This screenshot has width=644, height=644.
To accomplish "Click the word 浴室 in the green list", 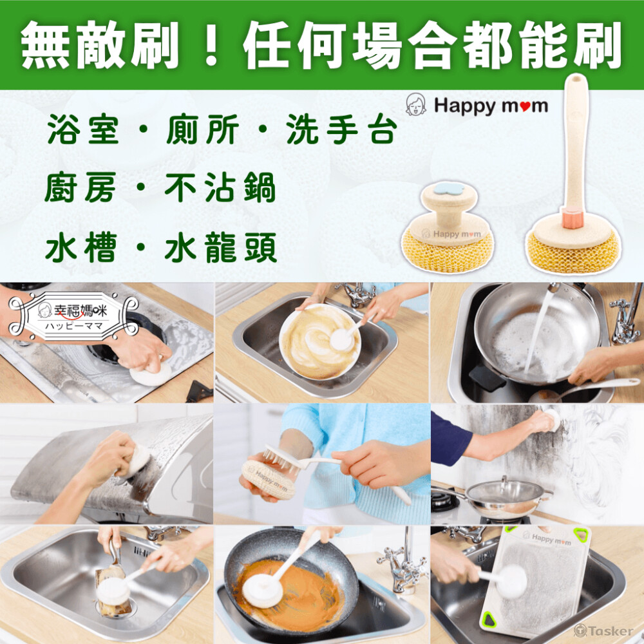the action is [83, 129].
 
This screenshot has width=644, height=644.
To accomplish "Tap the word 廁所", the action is [203, 129].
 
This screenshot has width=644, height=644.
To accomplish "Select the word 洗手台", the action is [342, 129].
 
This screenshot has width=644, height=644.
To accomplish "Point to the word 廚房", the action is [80, 188].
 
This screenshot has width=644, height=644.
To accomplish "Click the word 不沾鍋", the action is [220, 188].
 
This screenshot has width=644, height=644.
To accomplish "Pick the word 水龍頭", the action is [220, 247].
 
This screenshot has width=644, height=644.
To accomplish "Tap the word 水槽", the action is [81, 247].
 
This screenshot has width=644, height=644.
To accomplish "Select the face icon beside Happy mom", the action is [415, 104].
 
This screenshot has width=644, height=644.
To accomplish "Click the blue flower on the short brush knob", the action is [449, 189].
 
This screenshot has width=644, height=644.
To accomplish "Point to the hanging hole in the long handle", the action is [575, 78].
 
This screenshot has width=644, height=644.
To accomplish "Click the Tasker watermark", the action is [604, 630].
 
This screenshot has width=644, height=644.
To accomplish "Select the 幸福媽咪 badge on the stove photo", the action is [74, 316].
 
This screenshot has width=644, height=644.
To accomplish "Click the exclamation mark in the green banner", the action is [211, 45].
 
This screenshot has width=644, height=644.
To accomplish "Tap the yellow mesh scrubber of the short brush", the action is [448, 252].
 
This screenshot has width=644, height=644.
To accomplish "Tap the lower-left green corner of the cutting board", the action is [489, 620].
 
